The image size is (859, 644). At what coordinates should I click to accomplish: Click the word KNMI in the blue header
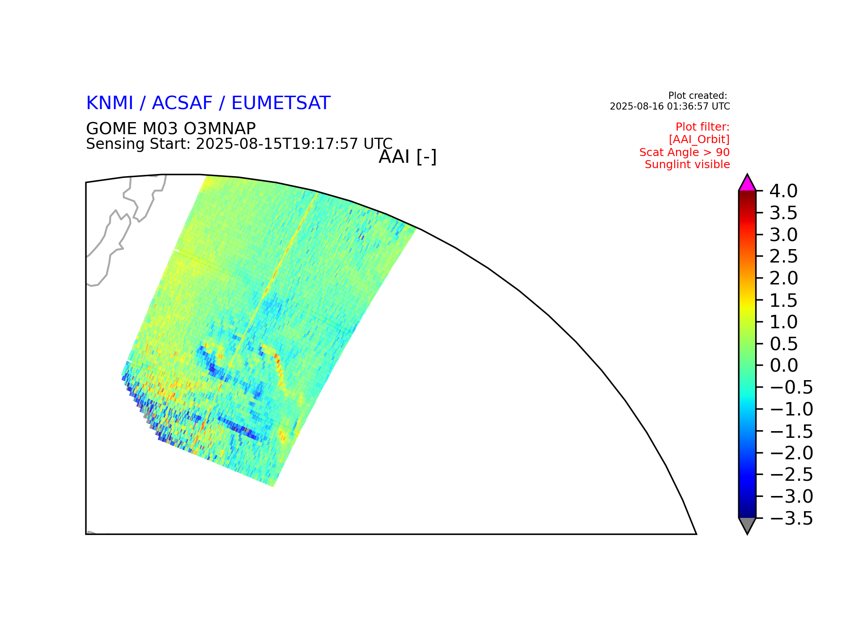[110, 103]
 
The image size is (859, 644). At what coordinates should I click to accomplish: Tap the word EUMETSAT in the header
[281, 103]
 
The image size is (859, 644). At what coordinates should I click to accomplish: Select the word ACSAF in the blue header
[182, 103]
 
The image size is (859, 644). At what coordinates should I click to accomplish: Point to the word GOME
[112, 129]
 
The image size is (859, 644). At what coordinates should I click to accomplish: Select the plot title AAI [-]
[408, 157]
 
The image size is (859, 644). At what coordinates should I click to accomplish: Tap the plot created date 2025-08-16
[631, 106]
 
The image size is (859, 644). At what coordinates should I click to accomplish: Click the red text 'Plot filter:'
[702, 127]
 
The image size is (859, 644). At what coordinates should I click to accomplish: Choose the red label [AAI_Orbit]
[699, 140]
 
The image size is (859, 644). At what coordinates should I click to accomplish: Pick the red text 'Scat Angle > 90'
[685, 153]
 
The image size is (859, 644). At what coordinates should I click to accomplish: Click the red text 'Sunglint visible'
[687, 165]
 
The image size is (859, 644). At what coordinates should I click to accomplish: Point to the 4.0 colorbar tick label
[783, 191]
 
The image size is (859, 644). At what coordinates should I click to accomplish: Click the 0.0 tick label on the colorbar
[783, 365]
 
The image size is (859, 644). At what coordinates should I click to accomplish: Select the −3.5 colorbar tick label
[791, 518]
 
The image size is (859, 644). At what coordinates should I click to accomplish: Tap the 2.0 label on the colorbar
[783, 278]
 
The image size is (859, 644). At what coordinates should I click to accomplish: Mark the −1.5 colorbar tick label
[791, 431]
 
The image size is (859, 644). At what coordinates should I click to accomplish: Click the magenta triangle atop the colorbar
[747, 184]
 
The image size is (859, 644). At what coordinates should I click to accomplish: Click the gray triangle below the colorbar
[747, 525]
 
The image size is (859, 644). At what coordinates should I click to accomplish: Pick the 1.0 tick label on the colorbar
[783, 322]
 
